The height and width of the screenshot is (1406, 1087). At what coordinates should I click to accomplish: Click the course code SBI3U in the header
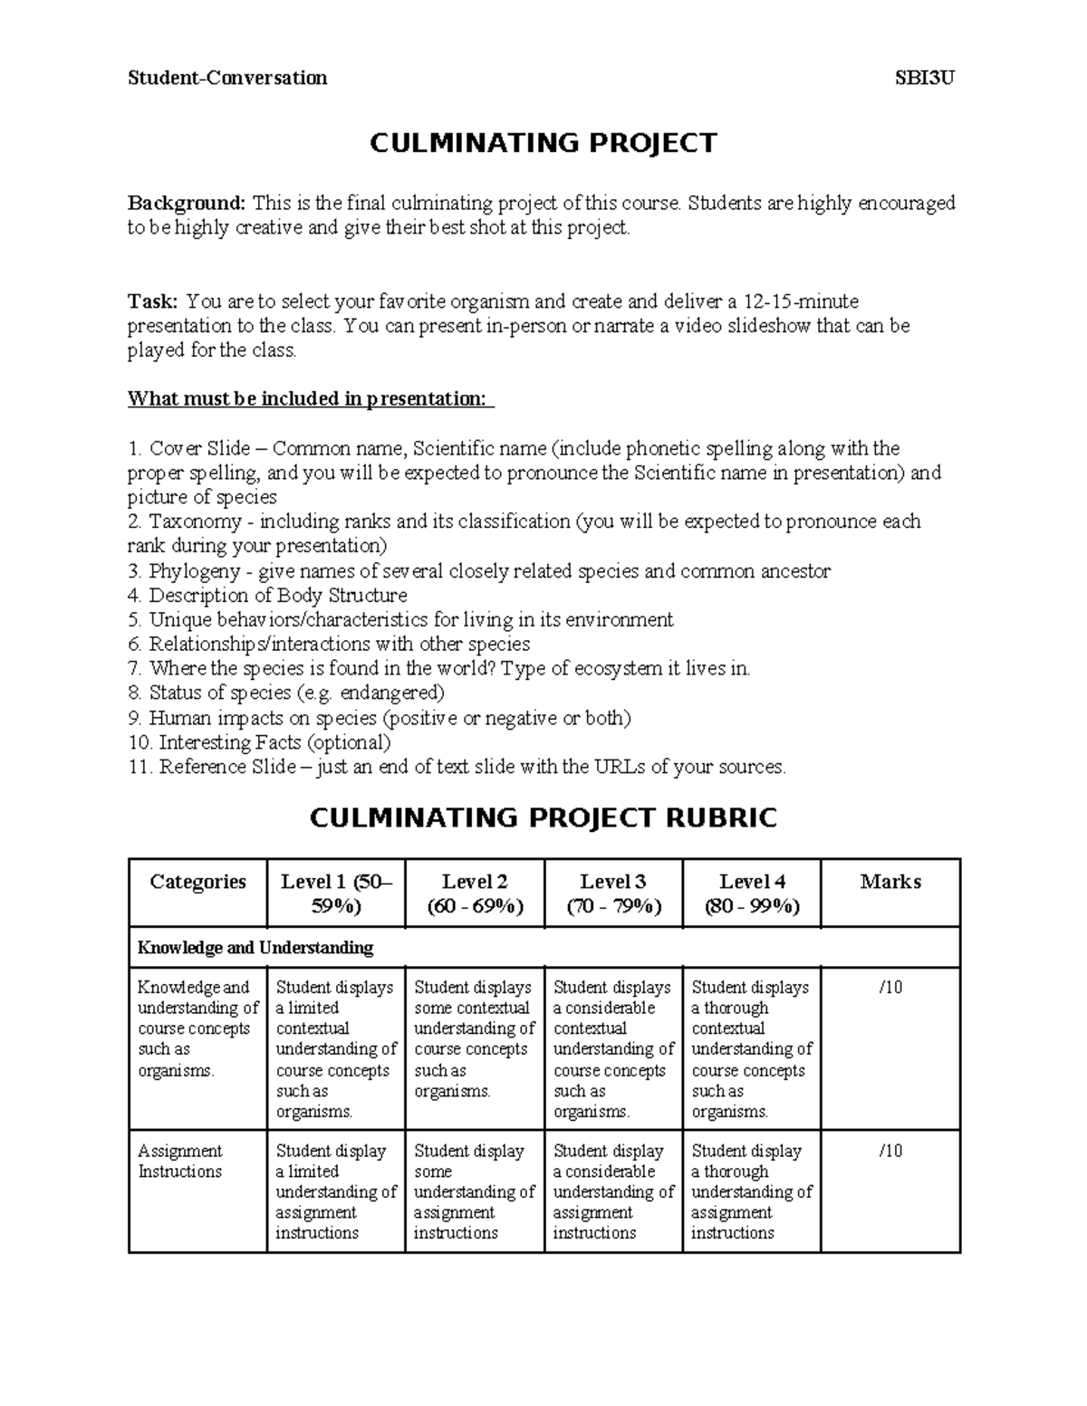pos(925,78)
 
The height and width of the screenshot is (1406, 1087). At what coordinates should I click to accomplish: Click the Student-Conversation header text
pos(227,78)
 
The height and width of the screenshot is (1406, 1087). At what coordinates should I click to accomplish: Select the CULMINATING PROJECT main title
pos(543,143)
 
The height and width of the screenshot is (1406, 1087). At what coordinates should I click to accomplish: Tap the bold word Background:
pos(186,203)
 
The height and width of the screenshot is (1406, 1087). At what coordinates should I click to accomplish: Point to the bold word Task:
pos(153,301)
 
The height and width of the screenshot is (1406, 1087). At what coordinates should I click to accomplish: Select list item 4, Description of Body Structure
pos(267,596)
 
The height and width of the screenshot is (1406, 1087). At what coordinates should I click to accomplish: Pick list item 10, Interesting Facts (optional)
pos(259,742)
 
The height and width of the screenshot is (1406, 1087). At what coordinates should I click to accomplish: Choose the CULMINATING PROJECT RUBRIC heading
pos(543,818)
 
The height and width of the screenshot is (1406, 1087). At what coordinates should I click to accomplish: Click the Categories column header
pos(197,882)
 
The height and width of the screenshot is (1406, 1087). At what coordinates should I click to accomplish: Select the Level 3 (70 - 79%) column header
pos(613,894)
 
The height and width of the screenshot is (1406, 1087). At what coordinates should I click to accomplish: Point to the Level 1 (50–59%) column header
pos(336,894)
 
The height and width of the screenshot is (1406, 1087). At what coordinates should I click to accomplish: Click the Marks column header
pos(890,882)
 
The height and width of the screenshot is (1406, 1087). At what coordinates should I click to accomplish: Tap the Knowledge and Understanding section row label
pos(255,948)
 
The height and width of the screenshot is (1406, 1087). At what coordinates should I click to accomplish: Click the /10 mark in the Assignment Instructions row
pos(890,1152)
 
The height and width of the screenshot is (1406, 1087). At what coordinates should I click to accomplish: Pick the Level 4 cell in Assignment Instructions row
pos(751,1191)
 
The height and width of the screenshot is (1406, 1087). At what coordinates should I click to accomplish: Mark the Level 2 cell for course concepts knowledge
pos(475,1039)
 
